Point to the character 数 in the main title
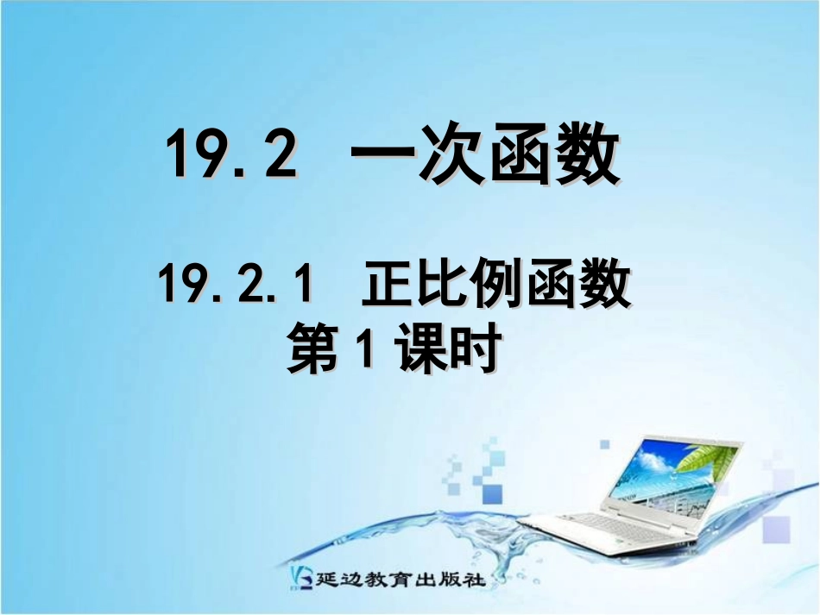[x=586, y=155]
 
